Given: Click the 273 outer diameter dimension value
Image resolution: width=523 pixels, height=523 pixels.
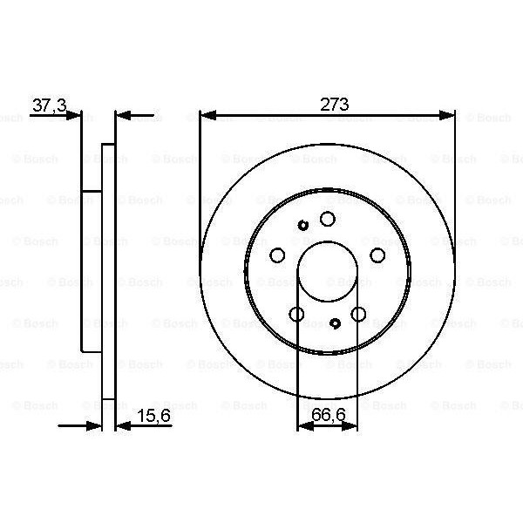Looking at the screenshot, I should tap(335, 104).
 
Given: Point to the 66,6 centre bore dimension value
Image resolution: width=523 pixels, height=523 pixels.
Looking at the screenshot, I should tap(327, 418).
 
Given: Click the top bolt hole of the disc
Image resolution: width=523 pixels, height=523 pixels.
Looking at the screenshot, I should tap(327, 219).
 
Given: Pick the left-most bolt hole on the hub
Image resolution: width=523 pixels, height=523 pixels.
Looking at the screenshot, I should tap(277, 255).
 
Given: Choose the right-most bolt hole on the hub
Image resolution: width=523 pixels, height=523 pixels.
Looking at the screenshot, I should tap(377, 255).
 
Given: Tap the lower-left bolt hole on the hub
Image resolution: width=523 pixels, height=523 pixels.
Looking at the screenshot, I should tap(296, 315).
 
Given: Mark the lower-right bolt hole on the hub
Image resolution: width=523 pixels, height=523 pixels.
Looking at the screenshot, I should tap(358, 315).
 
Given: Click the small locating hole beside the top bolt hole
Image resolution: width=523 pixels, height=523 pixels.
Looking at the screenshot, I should tap(303, 226).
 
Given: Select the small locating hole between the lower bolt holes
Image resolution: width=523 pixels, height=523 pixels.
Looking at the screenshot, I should tap(336, 323).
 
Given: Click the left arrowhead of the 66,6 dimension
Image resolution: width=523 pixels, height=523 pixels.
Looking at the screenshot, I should tap(304, 426).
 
